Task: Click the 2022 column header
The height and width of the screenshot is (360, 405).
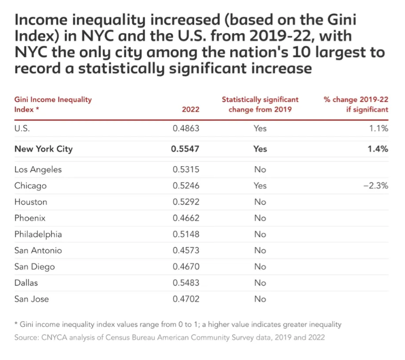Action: (190, 110)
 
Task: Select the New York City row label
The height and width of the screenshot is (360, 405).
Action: (43, 149)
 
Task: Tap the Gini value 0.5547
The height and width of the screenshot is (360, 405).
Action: (185, 149)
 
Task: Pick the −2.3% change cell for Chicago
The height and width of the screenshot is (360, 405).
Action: (376, 186)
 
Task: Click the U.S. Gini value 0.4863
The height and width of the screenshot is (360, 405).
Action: (186, 128)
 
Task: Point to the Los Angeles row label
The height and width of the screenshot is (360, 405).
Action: (38, 169)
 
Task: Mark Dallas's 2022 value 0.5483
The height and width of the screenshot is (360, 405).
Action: (186, 283)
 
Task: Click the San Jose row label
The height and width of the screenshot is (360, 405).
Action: (32, 299)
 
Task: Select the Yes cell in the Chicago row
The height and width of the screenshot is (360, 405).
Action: (260, 186)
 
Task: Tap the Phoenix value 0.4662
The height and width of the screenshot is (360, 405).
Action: (186, 218)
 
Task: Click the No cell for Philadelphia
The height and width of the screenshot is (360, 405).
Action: (260, 234)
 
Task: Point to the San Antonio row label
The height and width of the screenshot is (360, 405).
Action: (38, 250)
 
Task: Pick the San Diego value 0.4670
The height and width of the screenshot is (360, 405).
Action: (186, 267)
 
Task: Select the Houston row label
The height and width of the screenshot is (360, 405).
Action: (31, 202)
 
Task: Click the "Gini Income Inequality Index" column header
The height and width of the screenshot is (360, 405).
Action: (53, 105)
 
